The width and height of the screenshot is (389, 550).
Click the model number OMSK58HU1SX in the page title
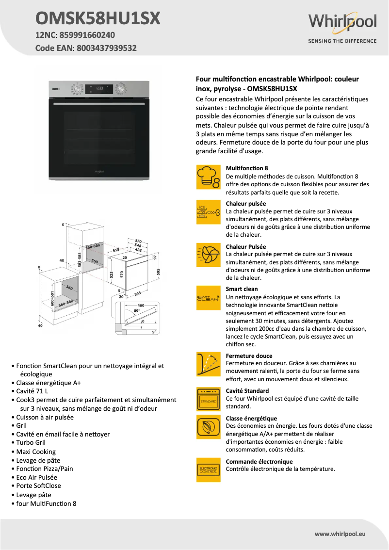point(97,18)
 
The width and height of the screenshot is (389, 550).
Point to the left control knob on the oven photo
point(77,89)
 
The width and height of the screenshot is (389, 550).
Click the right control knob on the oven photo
point(121,89)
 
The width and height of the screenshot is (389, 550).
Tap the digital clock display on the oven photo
point(99,89)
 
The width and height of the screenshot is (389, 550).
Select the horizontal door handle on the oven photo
point(99,104)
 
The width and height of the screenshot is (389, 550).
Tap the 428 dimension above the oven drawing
point(139,250)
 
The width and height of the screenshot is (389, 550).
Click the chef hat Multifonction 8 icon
point(208,177)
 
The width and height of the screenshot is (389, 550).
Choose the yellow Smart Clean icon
point(208,298)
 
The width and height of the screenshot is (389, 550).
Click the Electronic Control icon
point(208,470)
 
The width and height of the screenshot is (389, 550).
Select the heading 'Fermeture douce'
point(249,356)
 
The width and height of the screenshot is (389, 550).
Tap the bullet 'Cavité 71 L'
point(32,391)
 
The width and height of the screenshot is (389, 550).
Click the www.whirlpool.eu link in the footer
point(340,534)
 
